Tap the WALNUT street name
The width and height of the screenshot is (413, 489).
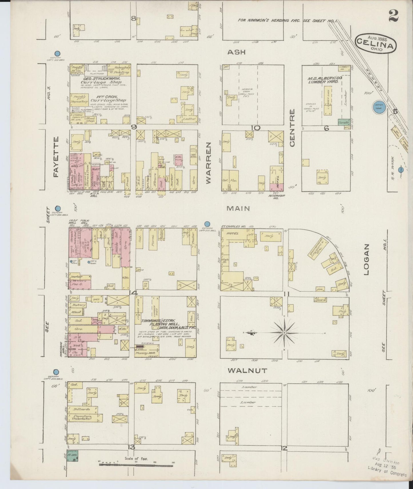tap(248, 370)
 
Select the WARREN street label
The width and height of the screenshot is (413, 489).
tap(208, 163)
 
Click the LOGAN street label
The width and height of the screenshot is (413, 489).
tap(367, 260)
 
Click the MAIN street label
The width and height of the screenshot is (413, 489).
tap(238, 208)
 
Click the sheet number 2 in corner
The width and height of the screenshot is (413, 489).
tap(393, 16)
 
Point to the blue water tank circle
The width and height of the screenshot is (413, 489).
tap(380, 107)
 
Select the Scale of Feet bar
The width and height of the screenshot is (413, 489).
tap(136, 465)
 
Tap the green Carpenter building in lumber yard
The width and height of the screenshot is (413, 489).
tap(344, 122)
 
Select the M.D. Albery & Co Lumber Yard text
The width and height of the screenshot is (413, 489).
tap(325, 79)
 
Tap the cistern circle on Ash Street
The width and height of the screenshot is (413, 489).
tap(57, 53)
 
